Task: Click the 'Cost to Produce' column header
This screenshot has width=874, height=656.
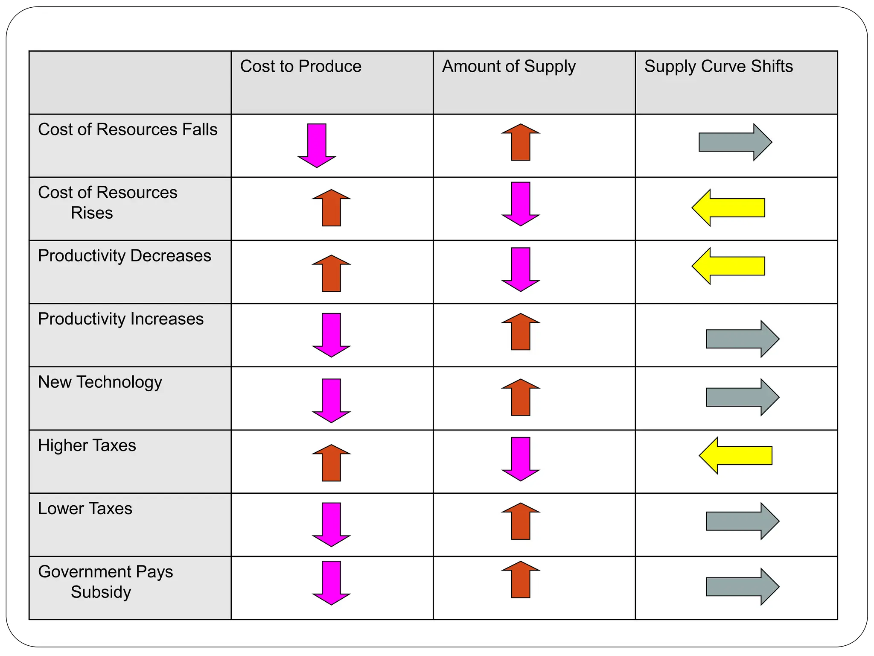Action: tap(300, 67)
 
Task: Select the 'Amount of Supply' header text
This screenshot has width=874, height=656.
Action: tap(509, 67)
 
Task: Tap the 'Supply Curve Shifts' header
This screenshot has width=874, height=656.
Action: tap(718, 67)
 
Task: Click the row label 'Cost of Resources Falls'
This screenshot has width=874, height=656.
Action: tap(128, 129)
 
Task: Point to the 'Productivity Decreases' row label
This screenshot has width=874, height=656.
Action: tap(124, 256)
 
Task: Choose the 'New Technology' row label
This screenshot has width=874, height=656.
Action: tap(100, 382)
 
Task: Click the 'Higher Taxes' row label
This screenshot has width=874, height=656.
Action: tap(87, 445)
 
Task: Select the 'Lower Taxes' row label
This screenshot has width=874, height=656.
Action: tap(85, 509)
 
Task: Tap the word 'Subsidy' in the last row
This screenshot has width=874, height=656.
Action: tap(101, 592)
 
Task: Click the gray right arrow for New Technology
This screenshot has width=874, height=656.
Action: tap(742, 397)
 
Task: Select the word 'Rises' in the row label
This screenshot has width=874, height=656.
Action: tap(92, 213)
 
